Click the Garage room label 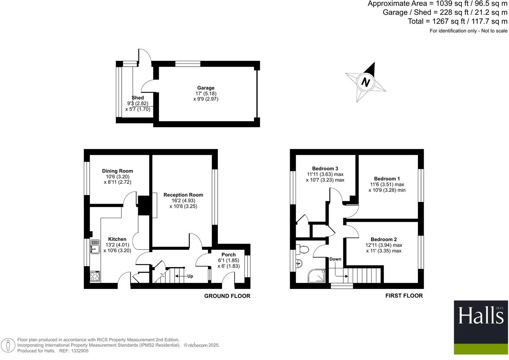pos(206,88)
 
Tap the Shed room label pos(137,98)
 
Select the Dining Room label pos(117,171)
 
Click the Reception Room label pos(183,195)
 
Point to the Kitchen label pos(117,239)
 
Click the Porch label pos(229,255)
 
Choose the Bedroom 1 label pos(387,179)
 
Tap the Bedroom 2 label pos(384,239)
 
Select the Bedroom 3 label pos(325,168)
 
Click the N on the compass pos(366,82)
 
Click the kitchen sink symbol pos(95,247)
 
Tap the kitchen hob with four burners pos(95,276)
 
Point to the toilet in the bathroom pos(303,249)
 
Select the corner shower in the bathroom pos(317,276)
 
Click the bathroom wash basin pos(298,263)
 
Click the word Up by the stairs pos(190,276)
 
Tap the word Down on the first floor pos(335,259)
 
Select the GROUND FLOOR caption pos(227,296)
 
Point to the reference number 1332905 pos(79,351)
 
